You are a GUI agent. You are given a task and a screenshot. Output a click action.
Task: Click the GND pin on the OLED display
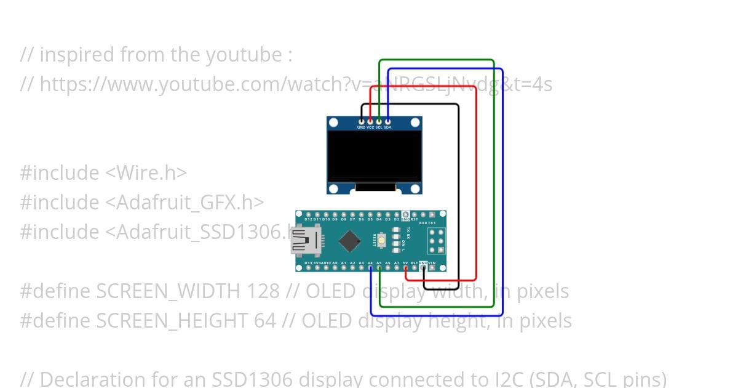tap(361, 122)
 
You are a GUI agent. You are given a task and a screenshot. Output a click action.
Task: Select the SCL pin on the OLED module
tap(379, 122)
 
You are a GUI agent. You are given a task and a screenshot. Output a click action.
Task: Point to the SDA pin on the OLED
tap(387, 122)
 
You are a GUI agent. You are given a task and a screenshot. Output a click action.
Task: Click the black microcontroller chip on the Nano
tap(349, 241)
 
